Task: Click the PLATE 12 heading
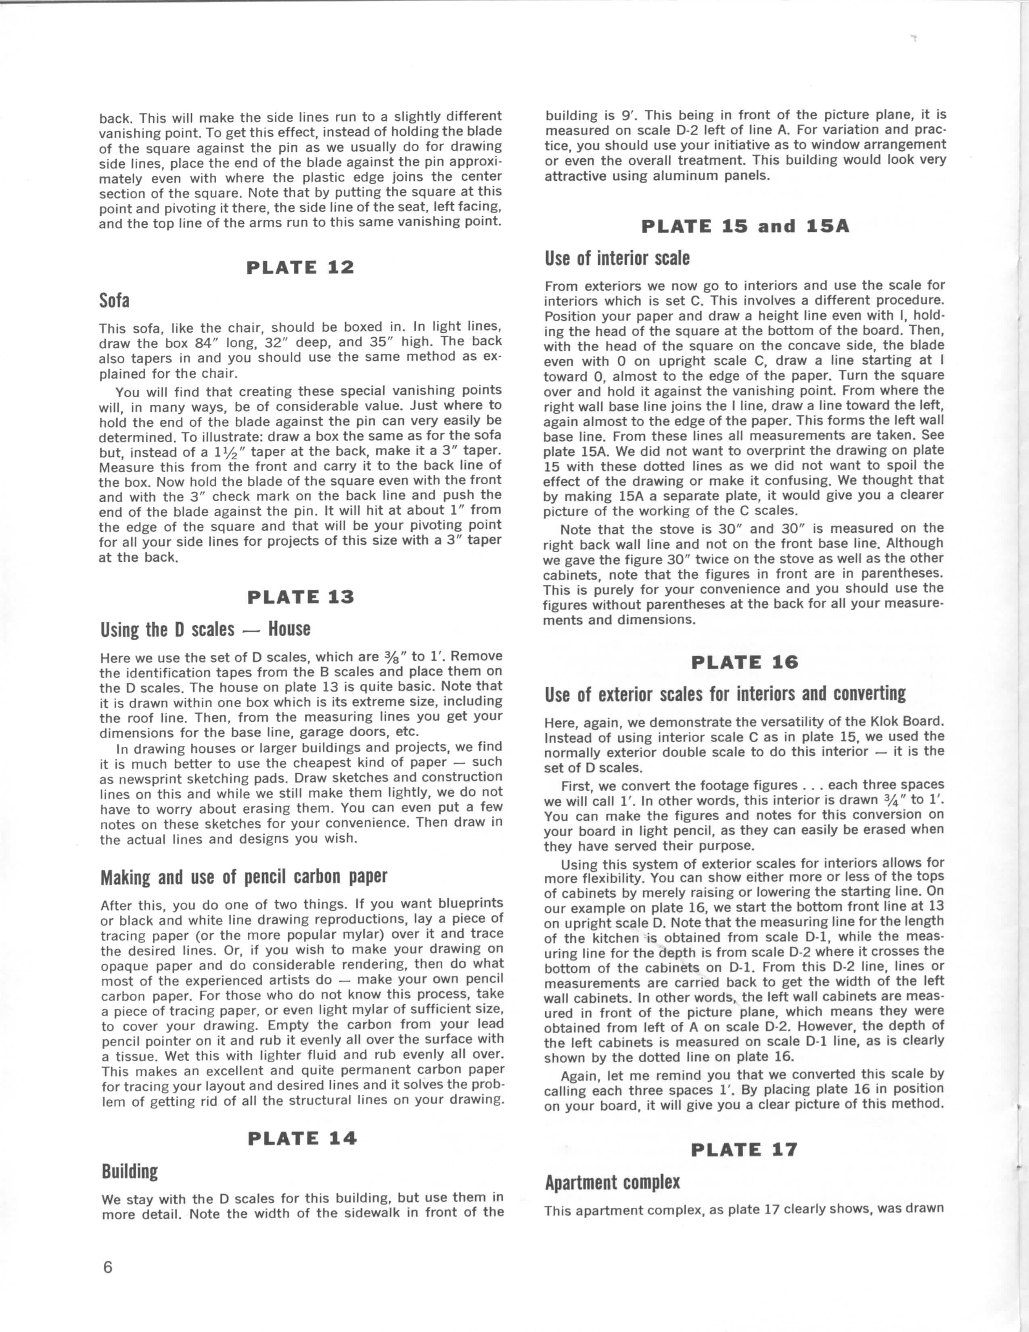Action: (300, 268)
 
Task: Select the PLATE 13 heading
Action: (301, 597)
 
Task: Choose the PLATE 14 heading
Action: (302, 1138)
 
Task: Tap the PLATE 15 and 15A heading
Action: (745, 226)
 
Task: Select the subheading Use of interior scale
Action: (617, 259)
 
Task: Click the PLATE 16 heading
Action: (745, 662)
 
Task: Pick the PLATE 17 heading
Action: (745, 1150)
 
